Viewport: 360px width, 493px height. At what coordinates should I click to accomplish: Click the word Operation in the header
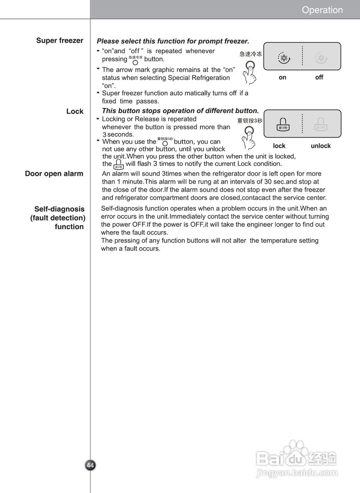[322, 10]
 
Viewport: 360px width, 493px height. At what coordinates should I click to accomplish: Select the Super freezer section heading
[60, 40]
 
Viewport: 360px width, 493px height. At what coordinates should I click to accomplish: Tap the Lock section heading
[75, 111]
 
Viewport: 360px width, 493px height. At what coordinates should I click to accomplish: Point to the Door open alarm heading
[54, 174]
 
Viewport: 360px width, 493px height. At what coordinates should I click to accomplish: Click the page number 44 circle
[90, 465]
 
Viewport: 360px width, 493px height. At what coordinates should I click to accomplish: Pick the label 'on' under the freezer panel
[283, 77]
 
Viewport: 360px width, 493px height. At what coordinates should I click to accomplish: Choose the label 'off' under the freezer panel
[319, 77]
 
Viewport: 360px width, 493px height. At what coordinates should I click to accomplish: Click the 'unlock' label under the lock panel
[321, 146]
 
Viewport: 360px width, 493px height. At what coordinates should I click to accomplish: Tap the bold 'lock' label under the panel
[279, 146]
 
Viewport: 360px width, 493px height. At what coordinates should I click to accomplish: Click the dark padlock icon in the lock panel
[283, 124]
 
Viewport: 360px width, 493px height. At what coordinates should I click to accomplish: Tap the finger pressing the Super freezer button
[250, 73]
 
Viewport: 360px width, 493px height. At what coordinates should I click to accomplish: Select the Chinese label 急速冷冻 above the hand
[251, 54]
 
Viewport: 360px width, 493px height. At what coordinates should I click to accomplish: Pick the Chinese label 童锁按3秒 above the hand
[250, 121]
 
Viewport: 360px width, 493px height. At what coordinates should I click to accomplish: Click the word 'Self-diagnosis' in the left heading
[59, 209]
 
